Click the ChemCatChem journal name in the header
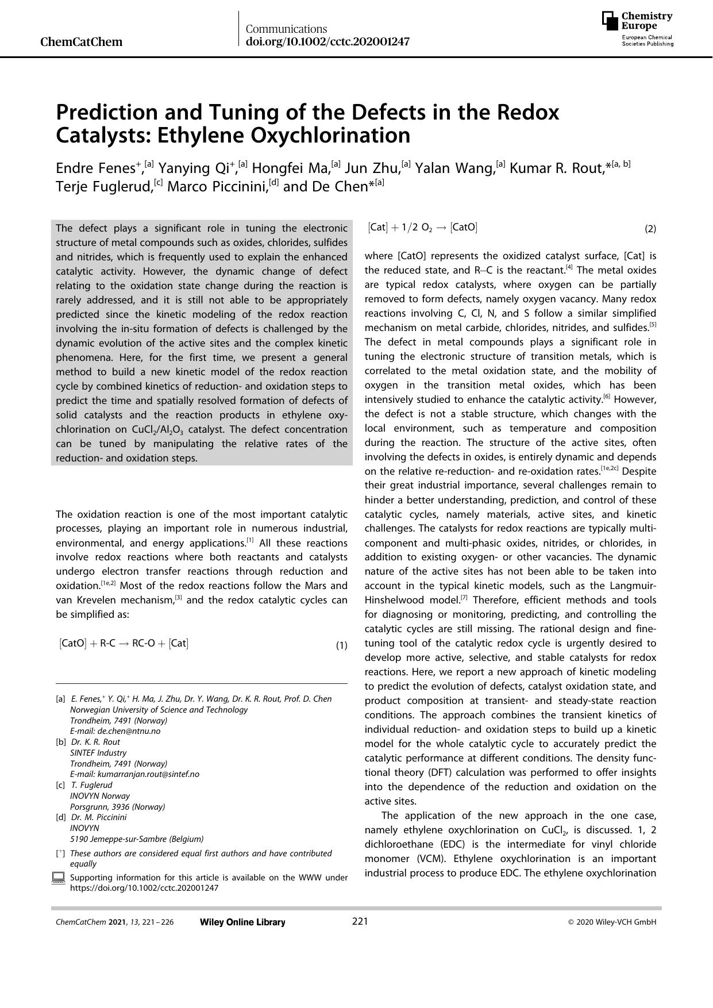click(81, 42)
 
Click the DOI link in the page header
click(327, 41)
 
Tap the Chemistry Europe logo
click(637, 29)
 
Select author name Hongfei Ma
click(292, 168)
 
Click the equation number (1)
click(341, 645)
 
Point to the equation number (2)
click(650, 229)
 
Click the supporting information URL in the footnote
click(144, 888)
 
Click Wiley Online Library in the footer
click(242, 922)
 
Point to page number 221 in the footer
click(360, 922)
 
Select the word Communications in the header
click(286, 29)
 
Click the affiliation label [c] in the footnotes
click(60, 785)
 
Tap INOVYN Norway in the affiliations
click(100, 796)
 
